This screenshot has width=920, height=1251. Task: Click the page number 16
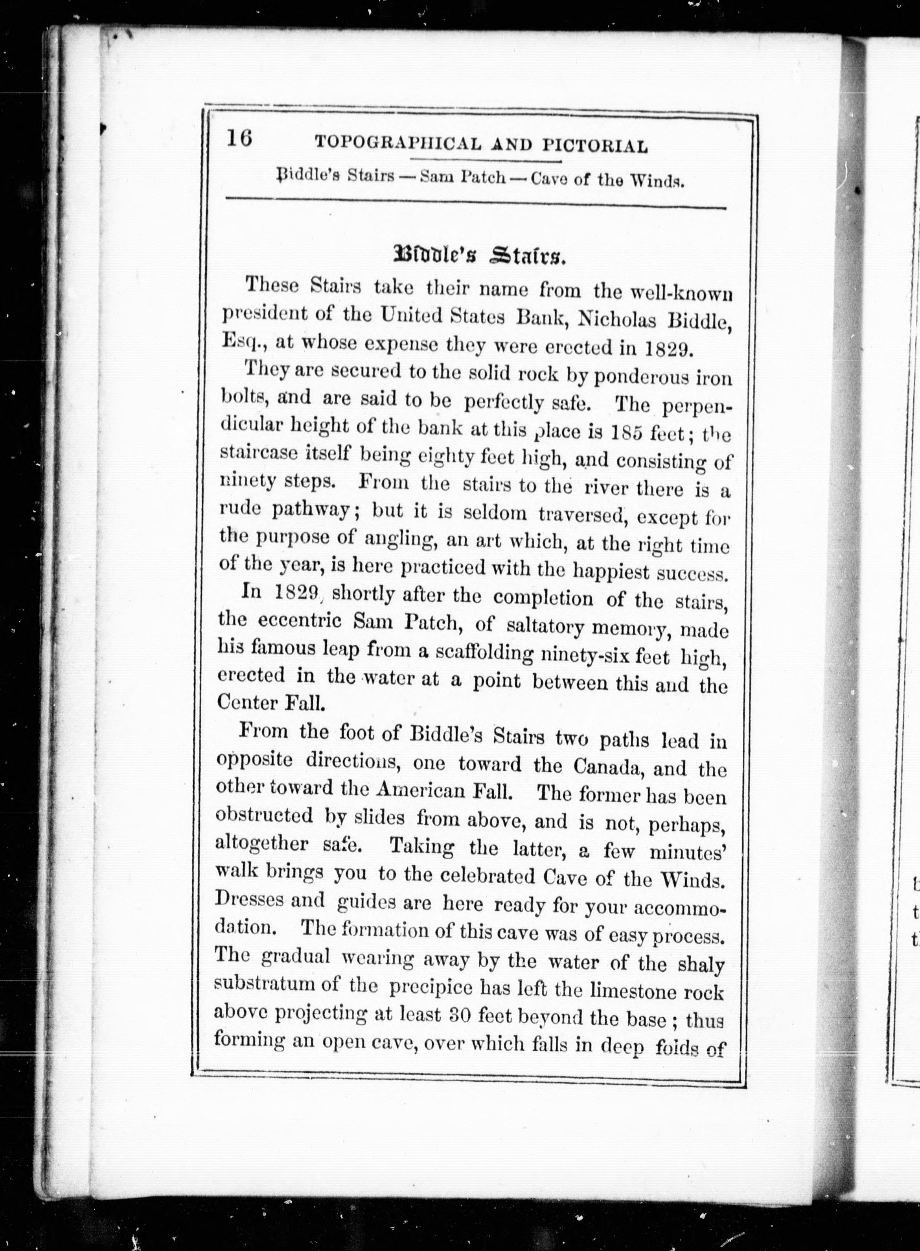[239, 138]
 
